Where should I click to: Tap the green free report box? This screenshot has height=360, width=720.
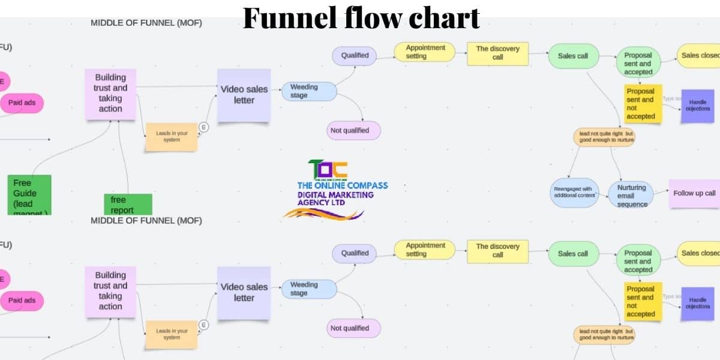[127, 204]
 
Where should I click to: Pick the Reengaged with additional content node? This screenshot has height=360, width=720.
[574, 192]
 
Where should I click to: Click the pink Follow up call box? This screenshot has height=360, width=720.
[694, 193]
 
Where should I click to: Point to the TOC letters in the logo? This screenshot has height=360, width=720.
[328, 169]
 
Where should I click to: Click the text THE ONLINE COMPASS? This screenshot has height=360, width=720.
[343, 185]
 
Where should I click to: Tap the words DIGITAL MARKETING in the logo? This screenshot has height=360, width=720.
[335, 194]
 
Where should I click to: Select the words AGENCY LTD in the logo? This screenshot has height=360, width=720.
[323, 203]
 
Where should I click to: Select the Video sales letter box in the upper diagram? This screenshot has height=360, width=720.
[244, 94]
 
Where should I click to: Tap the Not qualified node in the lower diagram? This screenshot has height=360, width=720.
[355, 328]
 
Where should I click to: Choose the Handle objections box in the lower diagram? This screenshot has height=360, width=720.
[697, 303]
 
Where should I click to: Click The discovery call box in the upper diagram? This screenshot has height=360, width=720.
[497, 53]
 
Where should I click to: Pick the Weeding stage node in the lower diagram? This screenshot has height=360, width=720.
[308, 289]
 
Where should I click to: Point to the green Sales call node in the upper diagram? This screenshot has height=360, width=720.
[573, 56]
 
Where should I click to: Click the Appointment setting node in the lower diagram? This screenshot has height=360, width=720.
[424, 250]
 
